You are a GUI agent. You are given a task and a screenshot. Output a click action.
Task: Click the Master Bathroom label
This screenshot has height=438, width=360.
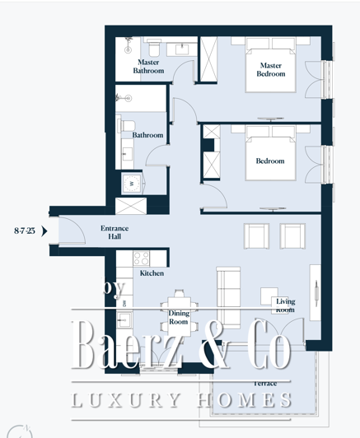coord(148,66)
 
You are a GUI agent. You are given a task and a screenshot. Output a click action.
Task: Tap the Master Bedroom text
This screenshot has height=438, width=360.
coord(271,69)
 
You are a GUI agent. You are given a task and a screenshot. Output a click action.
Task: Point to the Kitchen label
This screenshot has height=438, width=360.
coord(151,273)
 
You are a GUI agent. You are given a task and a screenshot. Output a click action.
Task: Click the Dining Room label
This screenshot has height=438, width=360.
coord(179,317)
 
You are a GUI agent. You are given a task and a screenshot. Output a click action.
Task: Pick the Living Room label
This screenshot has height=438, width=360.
coord(285,305)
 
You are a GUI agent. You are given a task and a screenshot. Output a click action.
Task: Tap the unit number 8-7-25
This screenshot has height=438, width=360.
coord(25,231)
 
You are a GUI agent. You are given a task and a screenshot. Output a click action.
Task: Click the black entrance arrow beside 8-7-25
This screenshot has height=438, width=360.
coord(44,231)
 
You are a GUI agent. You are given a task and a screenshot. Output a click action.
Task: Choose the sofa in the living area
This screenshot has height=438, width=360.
coord(227,288)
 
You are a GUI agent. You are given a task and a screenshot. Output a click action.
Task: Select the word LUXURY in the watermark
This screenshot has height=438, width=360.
coord(124,401)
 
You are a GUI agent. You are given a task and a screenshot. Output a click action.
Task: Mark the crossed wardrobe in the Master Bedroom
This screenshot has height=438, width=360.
coord(211,57)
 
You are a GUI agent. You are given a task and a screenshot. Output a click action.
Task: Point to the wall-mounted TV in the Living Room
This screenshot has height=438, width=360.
coord(314,288)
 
